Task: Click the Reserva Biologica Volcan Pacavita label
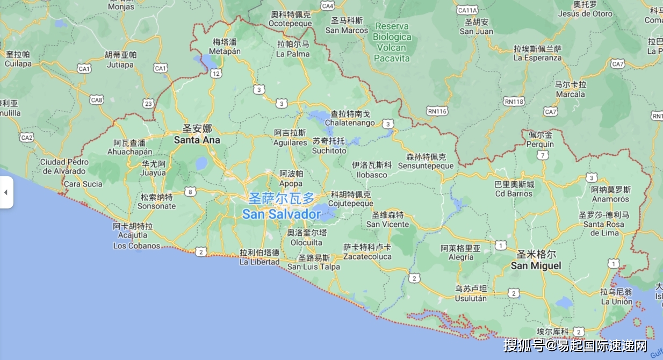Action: pyautogui.click(x=392, y=42)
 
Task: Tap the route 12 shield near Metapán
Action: pyautogui.click(x=216, y=73)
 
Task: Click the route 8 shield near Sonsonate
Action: pyautogui.click(x=190, y=191)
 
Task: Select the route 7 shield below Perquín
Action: pyautogui.click(x=544, y=155)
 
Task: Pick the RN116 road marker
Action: pyautogui.click(x=437, y=111)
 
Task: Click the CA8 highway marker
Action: pyautogui.click(x=97, y=100)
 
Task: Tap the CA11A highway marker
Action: pyautogui.click(x=467, y=10)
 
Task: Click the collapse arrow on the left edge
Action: pyautogui.click(x=6, y=192)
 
